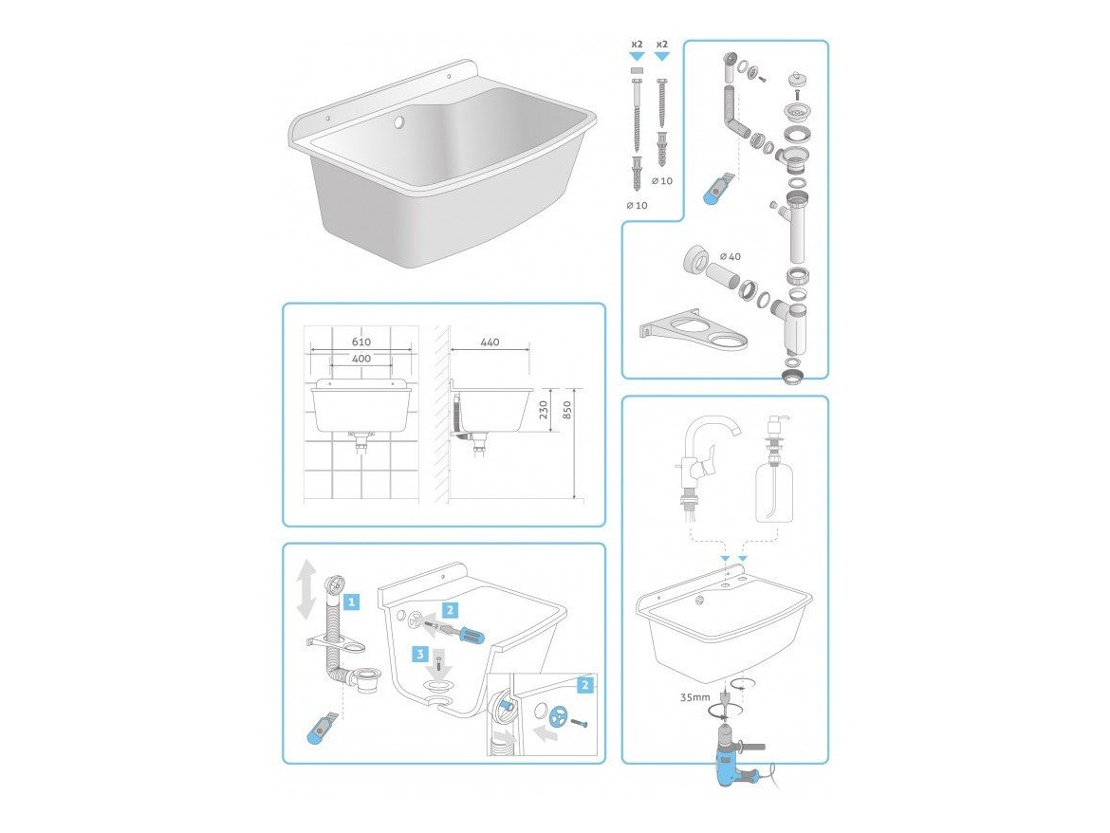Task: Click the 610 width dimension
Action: [361, 342]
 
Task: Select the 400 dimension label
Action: [361, 359]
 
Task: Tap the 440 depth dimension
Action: [490, 342]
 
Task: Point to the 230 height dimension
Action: [544, 410]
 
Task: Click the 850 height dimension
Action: [566, 410]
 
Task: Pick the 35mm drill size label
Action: [694, 697]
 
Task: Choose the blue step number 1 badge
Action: [351, 602]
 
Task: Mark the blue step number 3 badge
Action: [421, 653]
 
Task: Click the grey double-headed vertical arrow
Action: [305, 589]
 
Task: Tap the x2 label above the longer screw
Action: [638, 45]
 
